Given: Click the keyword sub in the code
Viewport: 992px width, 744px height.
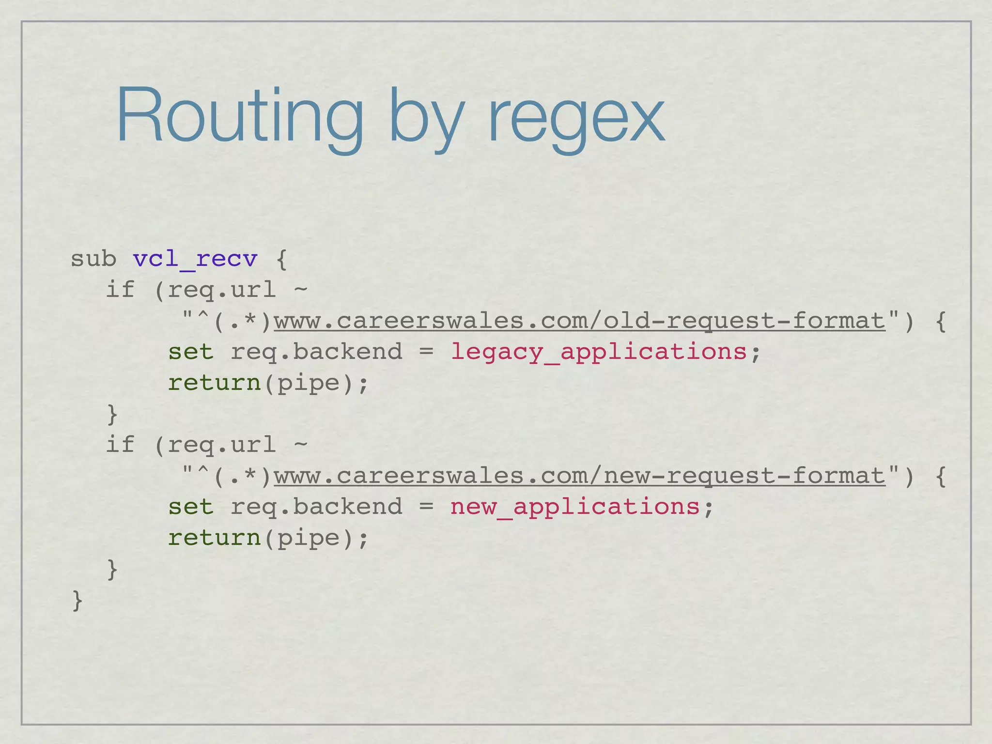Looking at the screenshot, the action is point(93,259).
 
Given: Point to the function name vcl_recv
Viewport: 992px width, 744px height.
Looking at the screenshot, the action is point(195,259).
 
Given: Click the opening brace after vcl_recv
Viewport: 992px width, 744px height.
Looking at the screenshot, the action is point(281,260).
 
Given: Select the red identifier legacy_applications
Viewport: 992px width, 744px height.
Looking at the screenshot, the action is point(599,352).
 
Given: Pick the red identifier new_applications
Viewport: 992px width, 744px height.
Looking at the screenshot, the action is point(575,507).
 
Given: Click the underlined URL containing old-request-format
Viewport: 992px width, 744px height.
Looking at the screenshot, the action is point(579,321).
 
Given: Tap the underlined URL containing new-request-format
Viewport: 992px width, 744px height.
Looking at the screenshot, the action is point(579,476).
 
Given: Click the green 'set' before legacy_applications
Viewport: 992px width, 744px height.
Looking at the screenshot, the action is point(191,352).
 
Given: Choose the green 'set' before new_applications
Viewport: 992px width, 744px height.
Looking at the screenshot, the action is point(191,507).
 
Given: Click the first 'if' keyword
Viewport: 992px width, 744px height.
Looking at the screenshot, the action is point(120,290).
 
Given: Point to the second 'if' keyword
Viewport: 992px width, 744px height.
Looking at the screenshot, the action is point(120,445).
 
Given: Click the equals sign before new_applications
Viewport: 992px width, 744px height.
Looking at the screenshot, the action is point(426,507).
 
